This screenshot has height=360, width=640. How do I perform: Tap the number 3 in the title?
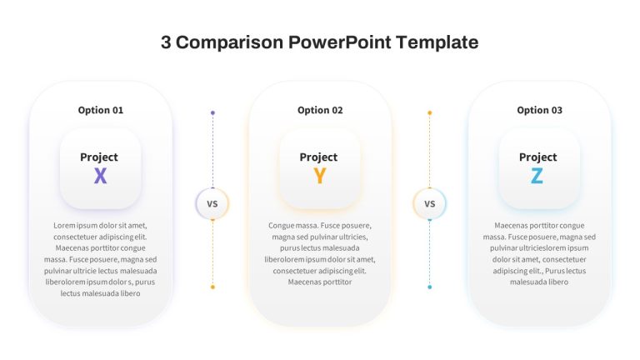[x=166, y=42]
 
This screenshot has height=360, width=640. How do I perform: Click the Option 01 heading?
[x=100, y=110]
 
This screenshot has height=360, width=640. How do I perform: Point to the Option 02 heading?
[x=320, y=110]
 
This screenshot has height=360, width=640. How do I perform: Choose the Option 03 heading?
[x=540, y=110]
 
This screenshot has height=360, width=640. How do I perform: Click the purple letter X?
[x=100, y=176]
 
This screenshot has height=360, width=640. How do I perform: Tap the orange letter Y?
[x=320, y=176]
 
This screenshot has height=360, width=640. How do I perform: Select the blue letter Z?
[x=537, y=176]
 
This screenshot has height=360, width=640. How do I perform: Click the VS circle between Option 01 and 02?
[x=212, y=203]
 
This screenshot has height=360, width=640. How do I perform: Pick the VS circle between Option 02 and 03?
[x=429, y=203]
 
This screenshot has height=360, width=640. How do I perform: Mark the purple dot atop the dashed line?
[x=212, y=112]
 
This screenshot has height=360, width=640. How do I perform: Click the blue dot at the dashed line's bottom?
[x=429, y=287]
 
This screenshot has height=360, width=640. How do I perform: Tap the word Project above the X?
[x=99, y=157]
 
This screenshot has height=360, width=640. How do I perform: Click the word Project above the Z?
[x=538, y=157]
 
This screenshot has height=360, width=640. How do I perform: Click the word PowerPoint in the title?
[x=340, y=42]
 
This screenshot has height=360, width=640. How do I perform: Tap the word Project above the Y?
[x=318, y=157]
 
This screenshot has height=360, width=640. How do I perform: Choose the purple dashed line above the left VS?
[x=212, y=151]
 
